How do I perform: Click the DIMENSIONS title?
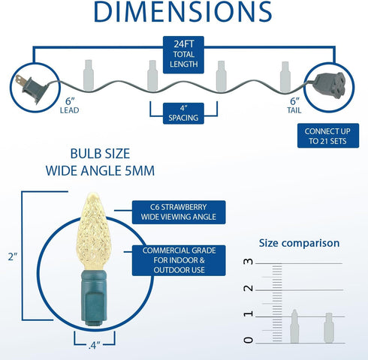pos(182,11)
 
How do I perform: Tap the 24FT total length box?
pos(183,55)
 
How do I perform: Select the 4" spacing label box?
pos(183,113)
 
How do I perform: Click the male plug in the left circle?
pos(31,88)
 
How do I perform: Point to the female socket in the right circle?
pos(330,85)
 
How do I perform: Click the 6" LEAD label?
pos(69,106)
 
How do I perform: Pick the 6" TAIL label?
pos(294,106)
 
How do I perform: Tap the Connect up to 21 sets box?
pos(328,136)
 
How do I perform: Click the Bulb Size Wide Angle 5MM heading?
pos(100,162)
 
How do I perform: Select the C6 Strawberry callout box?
pos(179,212)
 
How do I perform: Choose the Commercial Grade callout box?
pos(179,260)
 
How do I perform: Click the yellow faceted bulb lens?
pos(93,231)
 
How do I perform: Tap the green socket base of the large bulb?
pos(94,298)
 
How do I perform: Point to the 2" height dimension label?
pos(13,256)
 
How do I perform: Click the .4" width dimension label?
pos(94,345)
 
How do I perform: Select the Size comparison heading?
pos(299,243)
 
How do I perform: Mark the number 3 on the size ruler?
pos(248,262)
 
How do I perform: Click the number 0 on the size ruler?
pos(248,340)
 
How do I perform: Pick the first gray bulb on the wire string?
pos(89,75)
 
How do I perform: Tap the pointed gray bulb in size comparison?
pos(294,326)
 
